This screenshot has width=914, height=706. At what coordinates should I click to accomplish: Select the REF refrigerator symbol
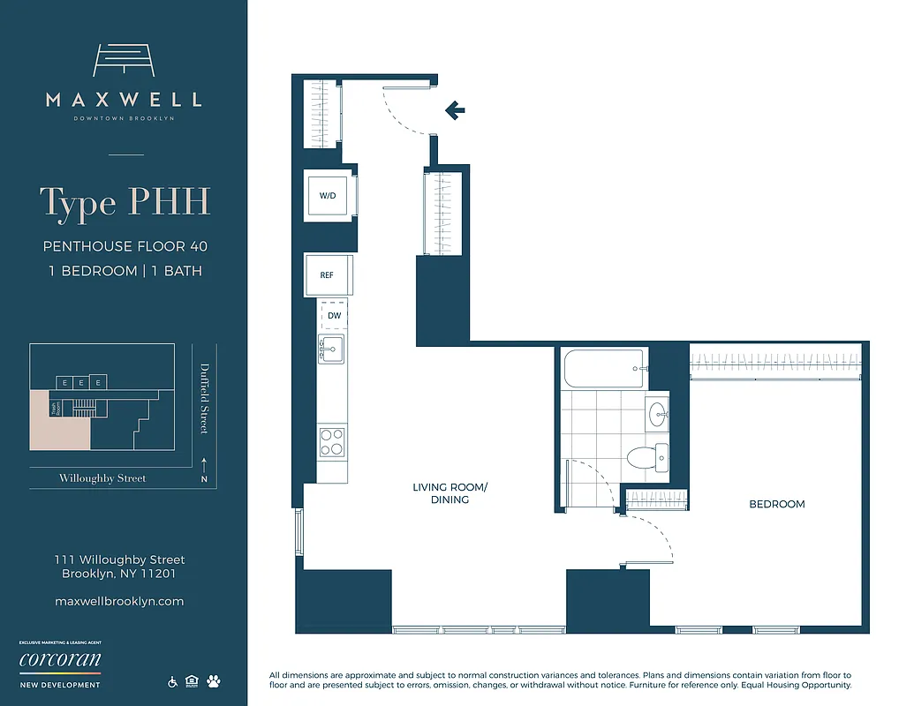[328, 275]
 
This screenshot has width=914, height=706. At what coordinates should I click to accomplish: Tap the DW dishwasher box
[334, 315]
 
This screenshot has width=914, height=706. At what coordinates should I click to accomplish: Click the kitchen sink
[332, 349]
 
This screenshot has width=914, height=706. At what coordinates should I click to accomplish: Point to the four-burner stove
[332, 441]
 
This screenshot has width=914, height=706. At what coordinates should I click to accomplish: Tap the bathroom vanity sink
[658, 413]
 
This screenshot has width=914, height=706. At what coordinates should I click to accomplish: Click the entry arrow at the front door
[455, 110]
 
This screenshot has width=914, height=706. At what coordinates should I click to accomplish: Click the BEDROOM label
[777, 504]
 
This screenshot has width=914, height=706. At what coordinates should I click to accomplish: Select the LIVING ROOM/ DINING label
[449, 493]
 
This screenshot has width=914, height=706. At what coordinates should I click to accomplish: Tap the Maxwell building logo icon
[124, 62]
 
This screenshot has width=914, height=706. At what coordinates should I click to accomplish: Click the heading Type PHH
[125, 202]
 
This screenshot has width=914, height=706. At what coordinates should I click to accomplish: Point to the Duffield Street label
[204, 399]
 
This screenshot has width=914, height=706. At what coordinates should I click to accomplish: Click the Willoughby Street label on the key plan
[102, 478]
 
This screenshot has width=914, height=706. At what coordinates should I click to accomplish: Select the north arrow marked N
[204, 472]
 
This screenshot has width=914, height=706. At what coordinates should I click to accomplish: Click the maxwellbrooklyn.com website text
[119, 601]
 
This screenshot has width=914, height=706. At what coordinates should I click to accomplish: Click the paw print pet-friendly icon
[213, 681]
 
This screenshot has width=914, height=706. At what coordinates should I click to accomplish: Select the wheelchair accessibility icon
[172, 681]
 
